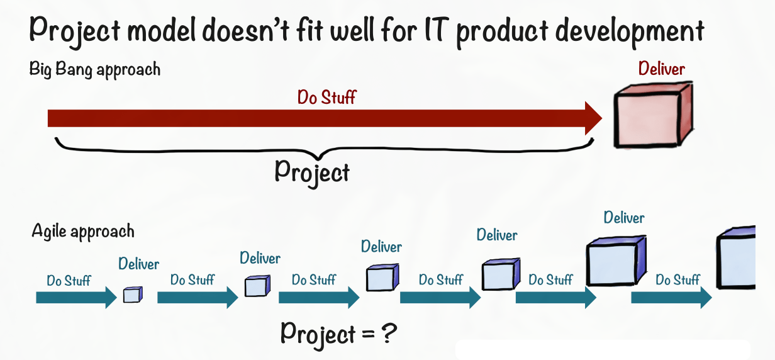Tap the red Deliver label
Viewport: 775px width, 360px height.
pos(661,68)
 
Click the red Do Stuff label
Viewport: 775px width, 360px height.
pos(326,98)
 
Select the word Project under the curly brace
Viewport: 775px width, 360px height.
pos(312,171)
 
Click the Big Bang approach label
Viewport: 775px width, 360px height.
pos(95,69)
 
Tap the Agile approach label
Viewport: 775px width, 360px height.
pos(83,231)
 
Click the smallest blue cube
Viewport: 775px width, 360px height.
pos(133,294)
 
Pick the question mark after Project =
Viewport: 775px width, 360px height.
pos(389,332)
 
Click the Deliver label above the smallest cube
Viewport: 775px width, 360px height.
pos(139,264)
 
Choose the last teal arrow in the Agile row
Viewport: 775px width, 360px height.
pos(671,296)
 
